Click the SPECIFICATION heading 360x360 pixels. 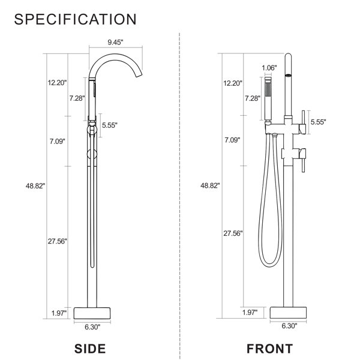click(x=75, y=19)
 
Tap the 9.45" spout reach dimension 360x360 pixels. click(x=116, y=43)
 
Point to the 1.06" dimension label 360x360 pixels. click(x=269, y=68)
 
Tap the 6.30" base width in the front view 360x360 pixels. click(x=289, y=328)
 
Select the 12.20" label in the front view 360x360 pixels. click(x=233, y=82)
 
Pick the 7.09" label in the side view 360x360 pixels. click(x=58, y=141)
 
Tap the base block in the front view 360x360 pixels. click(x=289, y=313)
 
